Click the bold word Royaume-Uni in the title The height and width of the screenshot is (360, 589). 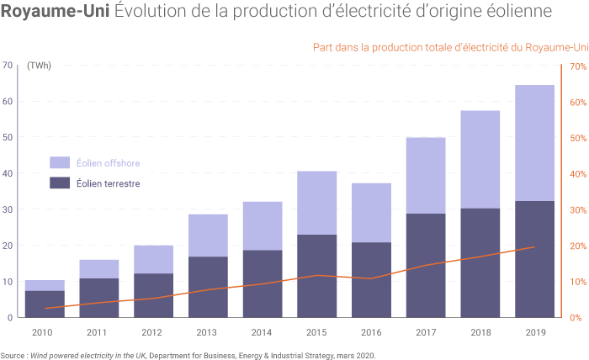pyautogui.click(x=54, y=13)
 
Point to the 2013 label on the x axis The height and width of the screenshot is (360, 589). pyautogui.click(x=207, y=333)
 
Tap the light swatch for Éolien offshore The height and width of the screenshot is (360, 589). pyautogui.click(x=60, y=161)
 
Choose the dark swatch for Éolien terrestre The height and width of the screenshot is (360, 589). pyautogui.click(x=60, y=183)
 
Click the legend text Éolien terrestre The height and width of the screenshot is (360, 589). pyautogui.click(x=108, y=183)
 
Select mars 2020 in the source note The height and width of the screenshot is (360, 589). pyautogui.click(x=357, y=355)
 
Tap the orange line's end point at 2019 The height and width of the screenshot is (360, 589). pyautogui.click(x=534, y=247)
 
